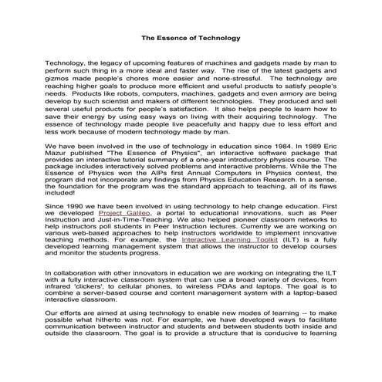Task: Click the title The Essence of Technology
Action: (191, 36)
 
